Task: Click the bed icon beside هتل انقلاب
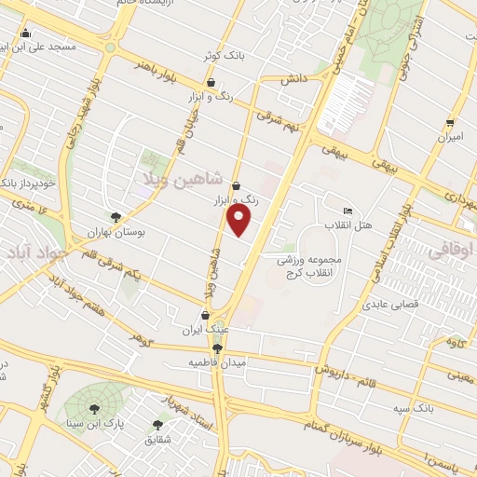(x=348, y=212)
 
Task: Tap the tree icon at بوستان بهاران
(x=116, y=216)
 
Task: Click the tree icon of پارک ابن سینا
(x=94, y=408)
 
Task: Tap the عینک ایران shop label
(x=205, y=331)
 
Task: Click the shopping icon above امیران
(x=451, y=123)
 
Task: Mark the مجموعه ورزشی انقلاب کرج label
(x=311, y=264)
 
